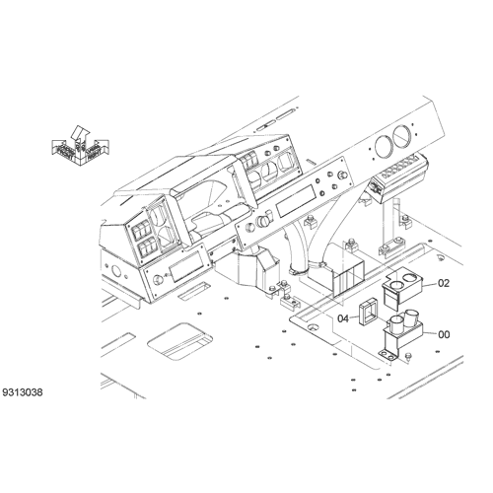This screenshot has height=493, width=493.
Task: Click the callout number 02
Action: (x=444, y=283)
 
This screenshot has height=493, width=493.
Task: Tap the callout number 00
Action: (x=444, y=334)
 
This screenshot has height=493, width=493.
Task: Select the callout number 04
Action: (x=343, y=318)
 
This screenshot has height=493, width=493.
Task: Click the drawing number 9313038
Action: (x=23, y=392)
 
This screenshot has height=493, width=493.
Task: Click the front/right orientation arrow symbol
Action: (x=80, y=146)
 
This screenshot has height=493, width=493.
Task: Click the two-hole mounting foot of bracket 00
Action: (x=388, y=355)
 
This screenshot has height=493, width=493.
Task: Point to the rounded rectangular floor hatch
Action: (x=180, y=341)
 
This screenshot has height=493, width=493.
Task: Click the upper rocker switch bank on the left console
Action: (x=140, y=229)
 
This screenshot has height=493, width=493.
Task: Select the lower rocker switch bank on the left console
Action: (x=147, y=248)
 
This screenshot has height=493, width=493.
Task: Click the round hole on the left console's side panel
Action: (x=116, y=271)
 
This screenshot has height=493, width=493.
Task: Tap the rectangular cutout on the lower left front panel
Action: (x=186, y=267)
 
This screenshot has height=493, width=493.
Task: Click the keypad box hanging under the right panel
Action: (x=398, y=179)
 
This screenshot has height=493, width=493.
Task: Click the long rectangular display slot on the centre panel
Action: (x=296, y=201)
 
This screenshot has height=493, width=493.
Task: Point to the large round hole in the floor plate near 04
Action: (x=314, y=327)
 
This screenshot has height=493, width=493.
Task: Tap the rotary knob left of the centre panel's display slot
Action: (x=263, y=222)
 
